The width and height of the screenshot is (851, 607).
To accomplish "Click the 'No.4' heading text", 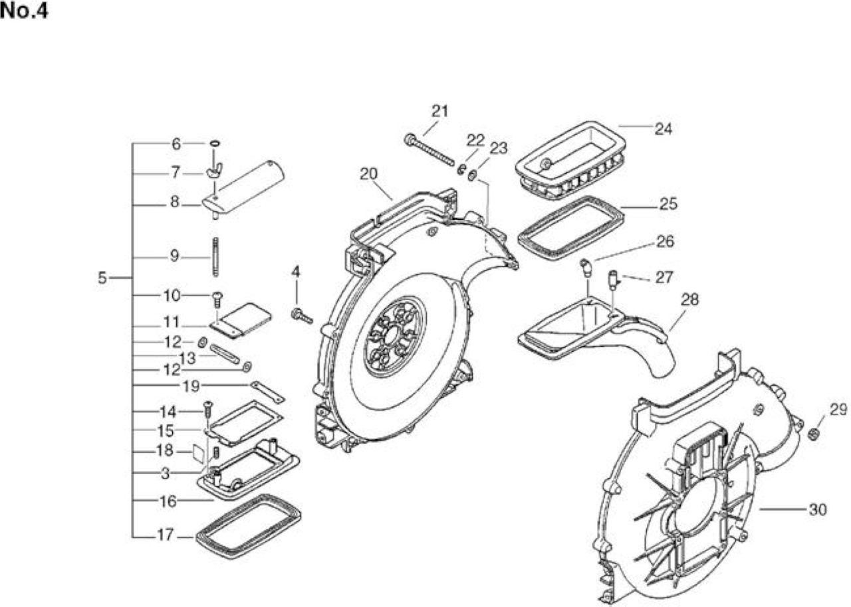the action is (25, 11).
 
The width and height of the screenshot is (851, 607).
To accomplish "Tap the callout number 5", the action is (102, 278).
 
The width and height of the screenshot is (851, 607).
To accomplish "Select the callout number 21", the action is (440, 111).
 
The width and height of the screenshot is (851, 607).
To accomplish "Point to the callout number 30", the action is (818, 509).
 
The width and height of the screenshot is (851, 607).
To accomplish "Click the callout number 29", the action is (838, 409).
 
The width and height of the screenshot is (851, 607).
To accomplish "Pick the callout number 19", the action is (191, 387).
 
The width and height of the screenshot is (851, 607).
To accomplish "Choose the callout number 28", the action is (690, 300).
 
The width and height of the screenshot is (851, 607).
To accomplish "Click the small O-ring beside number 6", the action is (215, 144).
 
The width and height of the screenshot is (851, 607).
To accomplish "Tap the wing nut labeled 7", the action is (215, 170).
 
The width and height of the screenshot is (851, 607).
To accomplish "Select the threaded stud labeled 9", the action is (216, 257).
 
